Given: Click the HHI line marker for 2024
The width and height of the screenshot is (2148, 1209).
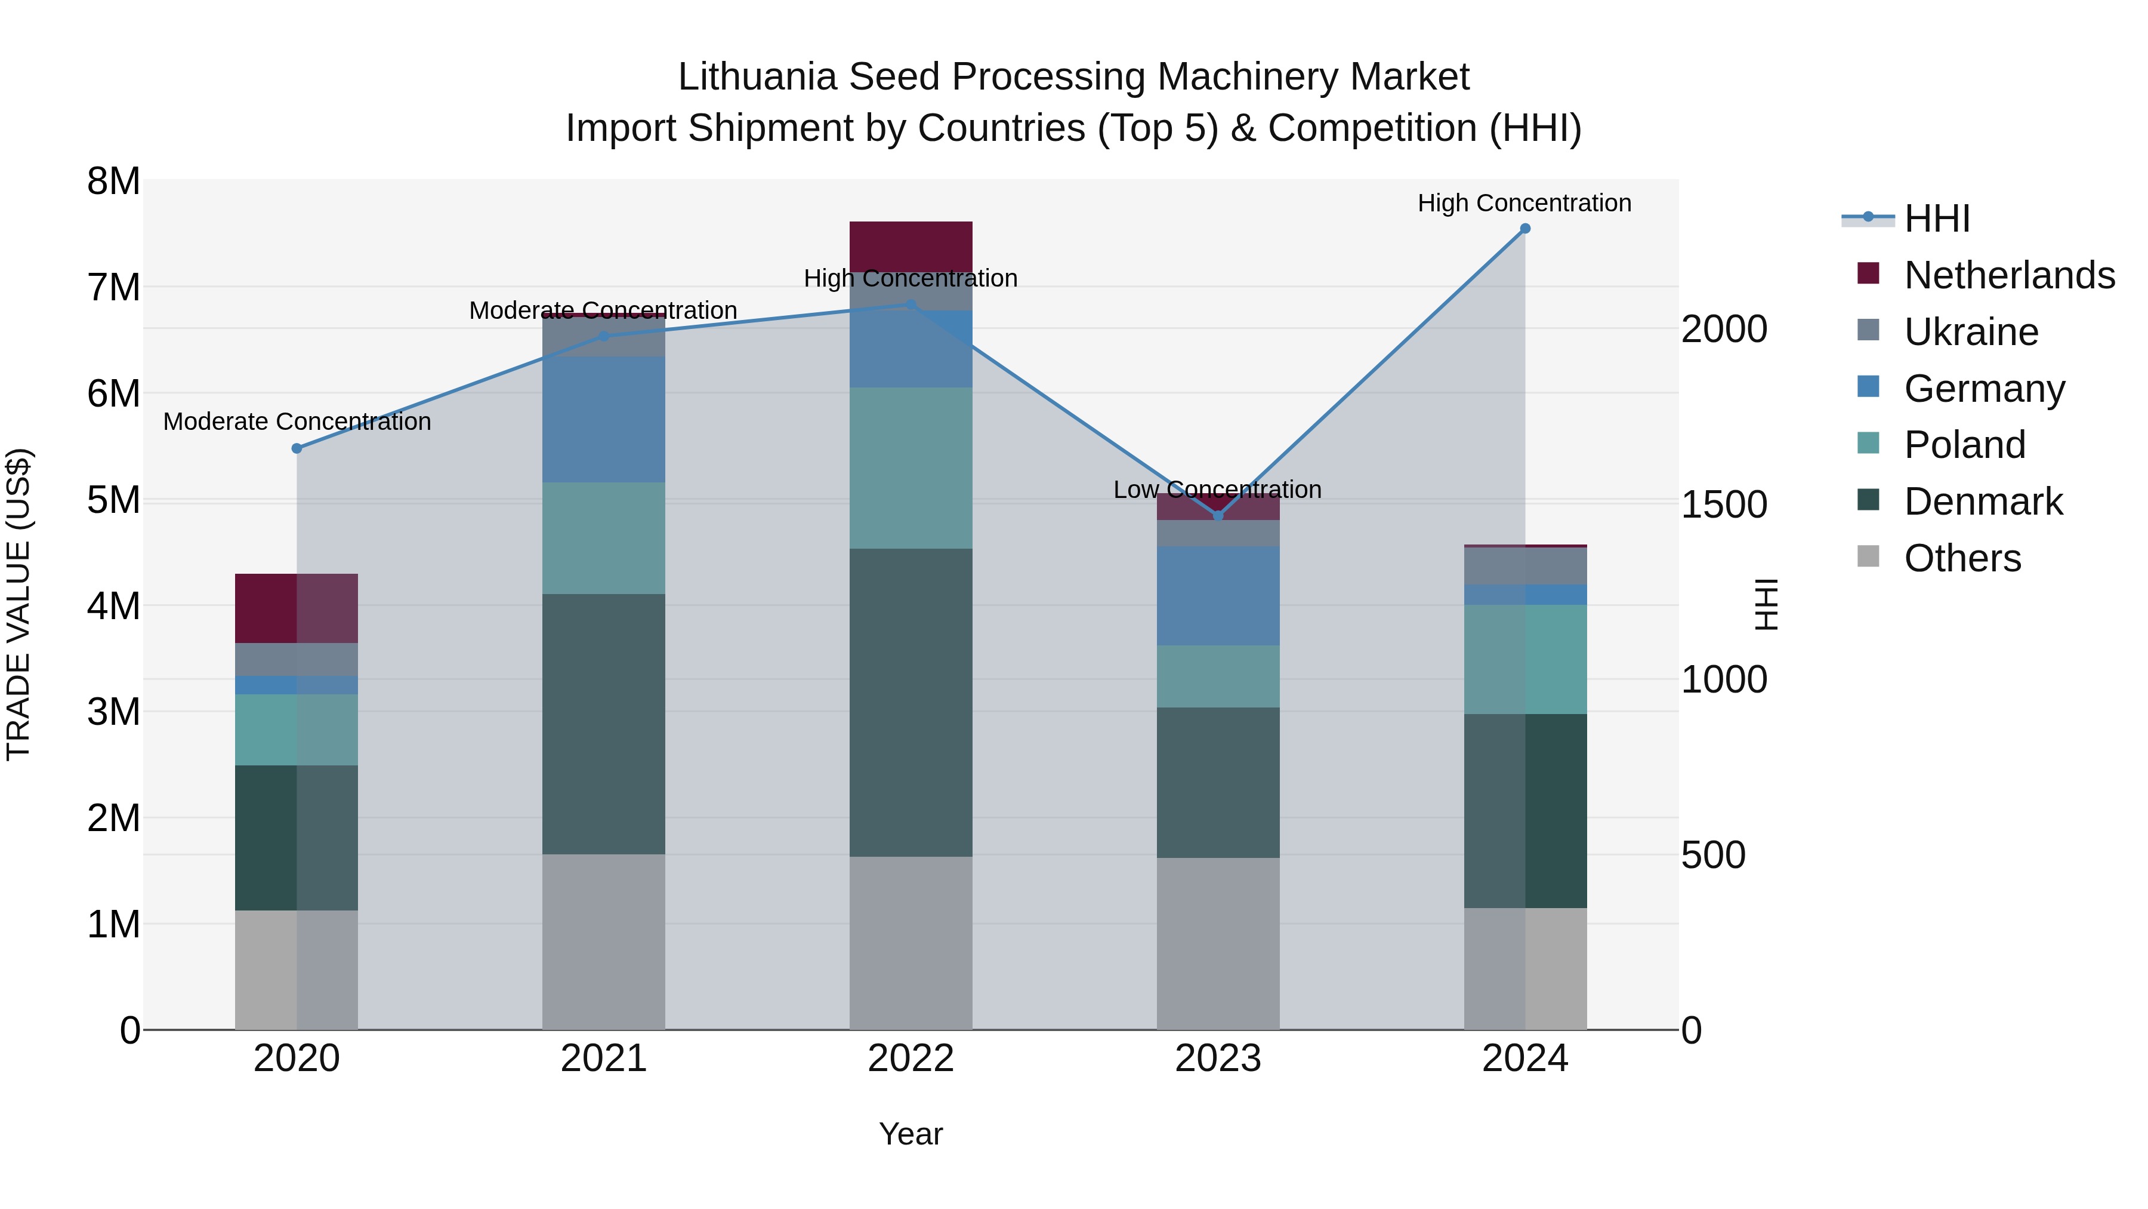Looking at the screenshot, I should (1525, 229).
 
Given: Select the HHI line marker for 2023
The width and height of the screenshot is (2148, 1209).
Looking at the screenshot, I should (1218, 516).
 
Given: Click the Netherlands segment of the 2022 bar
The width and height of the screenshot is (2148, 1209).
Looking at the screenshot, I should (911, 246).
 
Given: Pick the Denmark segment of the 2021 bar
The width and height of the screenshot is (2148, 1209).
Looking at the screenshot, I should (604, 724).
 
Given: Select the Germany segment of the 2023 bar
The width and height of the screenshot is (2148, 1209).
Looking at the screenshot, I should (1218, 596).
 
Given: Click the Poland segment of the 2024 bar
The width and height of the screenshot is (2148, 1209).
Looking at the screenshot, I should (1525, 659).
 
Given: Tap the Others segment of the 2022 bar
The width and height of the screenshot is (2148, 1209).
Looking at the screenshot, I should (911, 943).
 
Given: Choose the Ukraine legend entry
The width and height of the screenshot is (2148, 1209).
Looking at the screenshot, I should (1971, 332).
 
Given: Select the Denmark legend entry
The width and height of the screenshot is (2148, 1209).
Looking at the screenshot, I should (1983, 502).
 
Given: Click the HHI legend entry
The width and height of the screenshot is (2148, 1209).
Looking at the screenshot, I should (1936, 219).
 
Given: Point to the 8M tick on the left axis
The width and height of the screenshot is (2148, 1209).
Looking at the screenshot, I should (113, 181).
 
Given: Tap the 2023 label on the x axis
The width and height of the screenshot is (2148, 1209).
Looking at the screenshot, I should (1218, 1059).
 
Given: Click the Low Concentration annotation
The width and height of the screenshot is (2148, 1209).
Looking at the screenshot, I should (1217, 490).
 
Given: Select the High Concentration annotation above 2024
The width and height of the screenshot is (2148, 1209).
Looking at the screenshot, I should (1524, 203).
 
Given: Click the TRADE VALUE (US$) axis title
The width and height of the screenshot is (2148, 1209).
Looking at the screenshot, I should (18, 604).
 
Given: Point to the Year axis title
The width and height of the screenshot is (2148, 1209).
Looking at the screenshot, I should (911, 1134).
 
